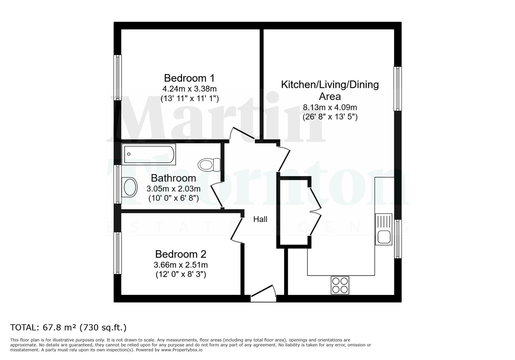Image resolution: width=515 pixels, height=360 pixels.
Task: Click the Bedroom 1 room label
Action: click(x=189, y=78)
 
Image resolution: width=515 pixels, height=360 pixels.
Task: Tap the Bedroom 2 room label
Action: click(x=180, y=254)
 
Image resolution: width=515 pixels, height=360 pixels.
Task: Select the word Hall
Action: click(x=260, y=219)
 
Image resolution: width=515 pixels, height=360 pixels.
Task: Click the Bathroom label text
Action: click(x=173, y=178)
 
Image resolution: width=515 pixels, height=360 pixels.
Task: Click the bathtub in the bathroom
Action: click(x=148, y=154)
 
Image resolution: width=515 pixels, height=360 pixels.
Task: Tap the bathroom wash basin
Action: click(x=130, y=187)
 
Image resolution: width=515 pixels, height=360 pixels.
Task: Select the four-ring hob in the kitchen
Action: click(x=340, y=285)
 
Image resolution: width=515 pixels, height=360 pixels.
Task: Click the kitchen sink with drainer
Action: click(x=384, y=229)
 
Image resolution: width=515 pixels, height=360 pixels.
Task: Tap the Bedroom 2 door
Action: click(x=237, y=230)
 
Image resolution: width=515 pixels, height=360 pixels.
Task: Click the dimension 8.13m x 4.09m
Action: click(x=330, y=107)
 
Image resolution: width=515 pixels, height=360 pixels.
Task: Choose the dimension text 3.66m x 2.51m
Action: click(x=180, y=265)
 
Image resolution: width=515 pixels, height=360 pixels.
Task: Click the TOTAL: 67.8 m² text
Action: click(x=68, y=327)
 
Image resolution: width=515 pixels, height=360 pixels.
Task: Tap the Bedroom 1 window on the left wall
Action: click(x=117, y=77)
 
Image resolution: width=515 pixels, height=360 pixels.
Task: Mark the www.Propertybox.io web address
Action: click(x=181, y=350)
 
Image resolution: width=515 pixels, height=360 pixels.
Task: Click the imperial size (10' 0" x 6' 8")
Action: click(x=173, y=198)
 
